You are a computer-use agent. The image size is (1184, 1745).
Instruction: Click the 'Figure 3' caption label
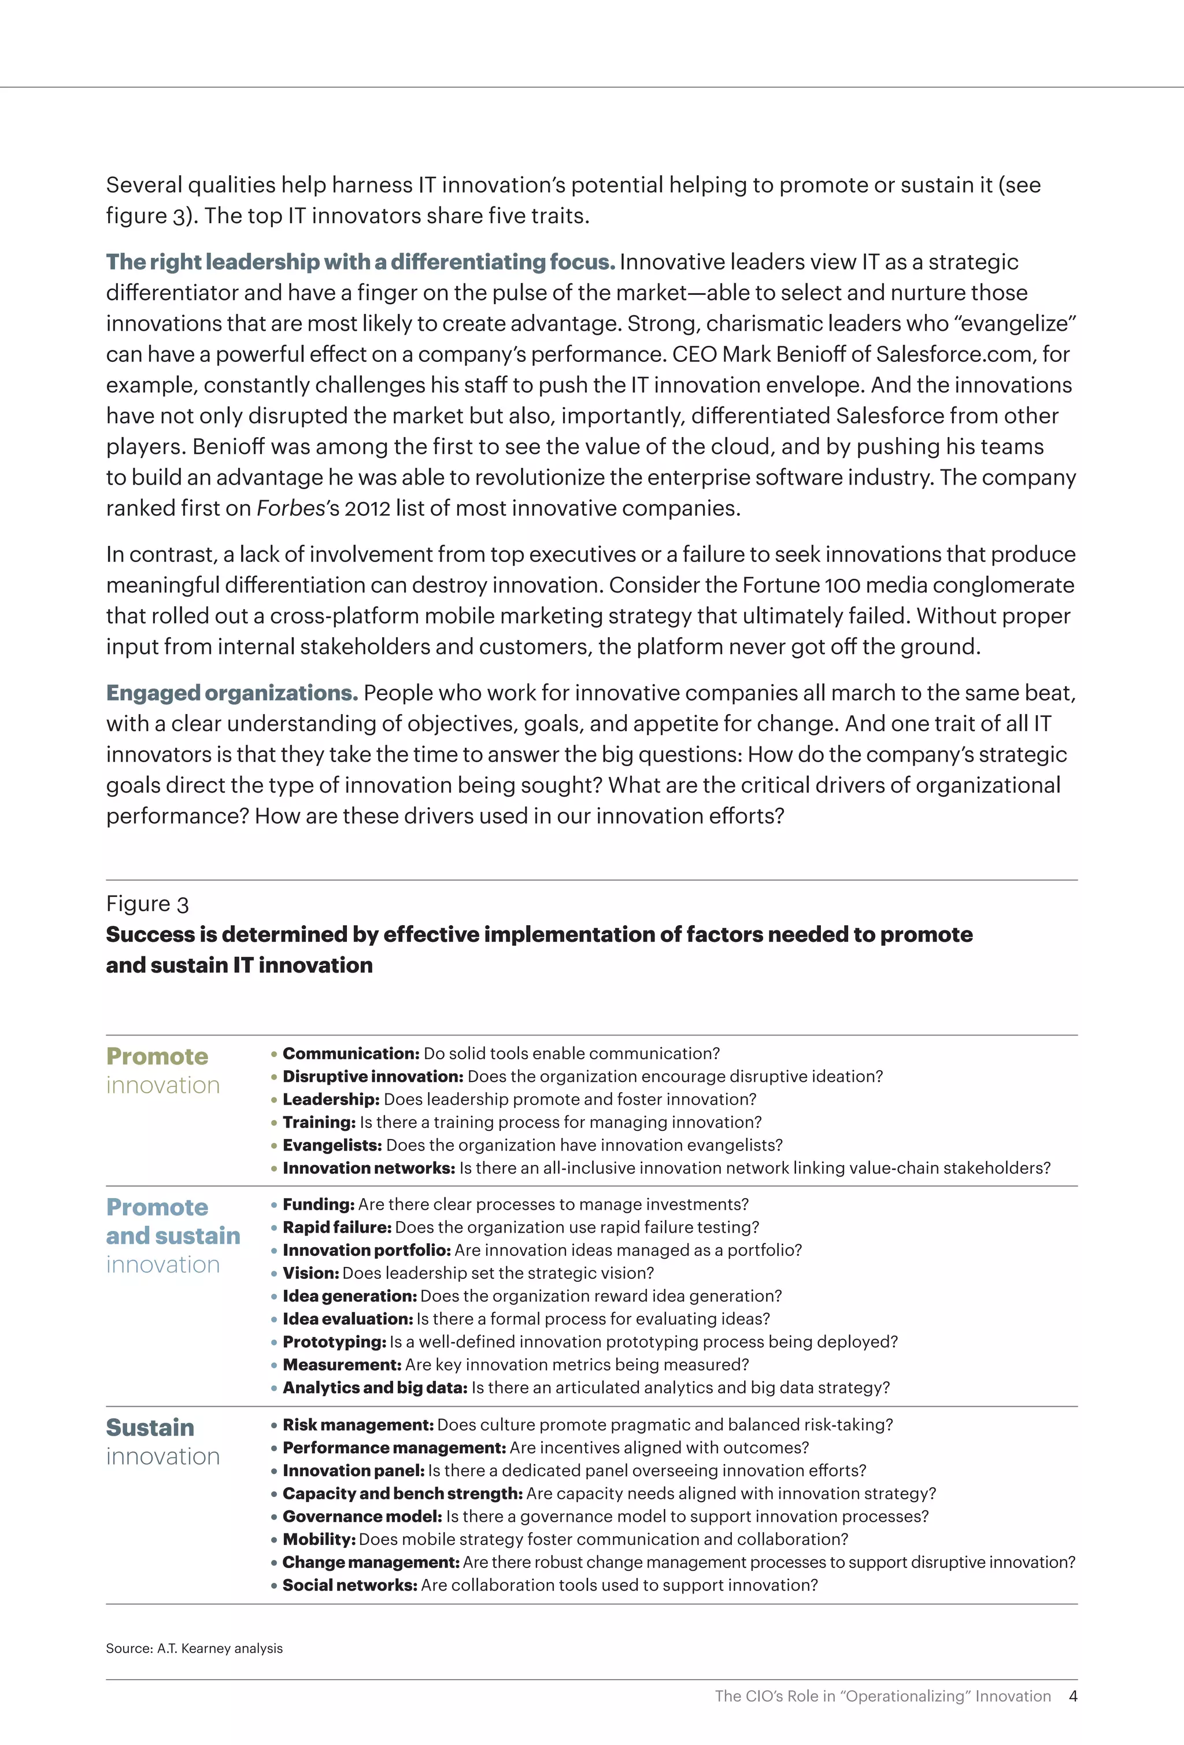(147, 903)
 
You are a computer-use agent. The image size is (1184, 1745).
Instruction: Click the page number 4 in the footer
(1073, 1695)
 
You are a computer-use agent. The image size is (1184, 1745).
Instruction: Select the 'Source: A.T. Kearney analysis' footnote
(194, 1647)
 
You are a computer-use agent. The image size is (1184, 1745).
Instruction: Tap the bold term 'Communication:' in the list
(350, 1053)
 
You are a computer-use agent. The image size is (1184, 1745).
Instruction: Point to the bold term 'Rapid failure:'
(337, 1227)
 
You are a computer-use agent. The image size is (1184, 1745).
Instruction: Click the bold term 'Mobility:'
(319, 1539)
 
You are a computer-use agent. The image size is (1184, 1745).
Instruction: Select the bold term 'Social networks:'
(350, 1584)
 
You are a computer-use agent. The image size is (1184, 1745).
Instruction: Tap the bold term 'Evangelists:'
(332, 1145)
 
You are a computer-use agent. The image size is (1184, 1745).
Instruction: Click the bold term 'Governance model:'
(362, 1516)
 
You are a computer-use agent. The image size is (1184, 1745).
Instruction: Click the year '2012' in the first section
(368, 508)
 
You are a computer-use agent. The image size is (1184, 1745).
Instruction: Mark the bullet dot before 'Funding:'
(274, 1205)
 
